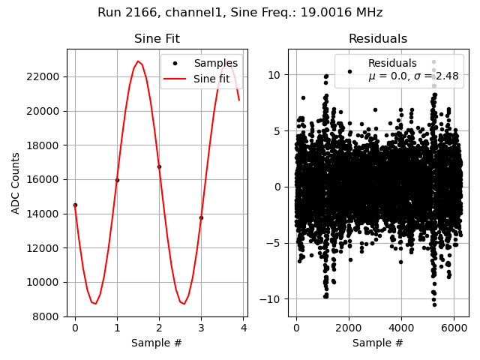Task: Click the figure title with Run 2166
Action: (240, 13)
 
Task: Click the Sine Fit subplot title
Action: (157, 39)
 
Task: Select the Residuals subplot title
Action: (378, 39)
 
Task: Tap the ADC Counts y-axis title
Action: (16, 183)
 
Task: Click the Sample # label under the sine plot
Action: (157, 343)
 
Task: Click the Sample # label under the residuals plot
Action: (378, 343)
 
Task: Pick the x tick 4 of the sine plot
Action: (243, 328)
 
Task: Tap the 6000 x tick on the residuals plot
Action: (454, 328)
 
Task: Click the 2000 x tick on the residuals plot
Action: (349, 328)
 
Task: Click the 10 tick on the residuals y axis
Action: (276, 75)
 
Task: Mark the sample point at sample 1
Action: (117, 180)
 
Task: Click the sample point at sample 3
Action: (201, 217)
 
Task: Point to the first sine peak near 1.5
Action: (138, 61)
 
